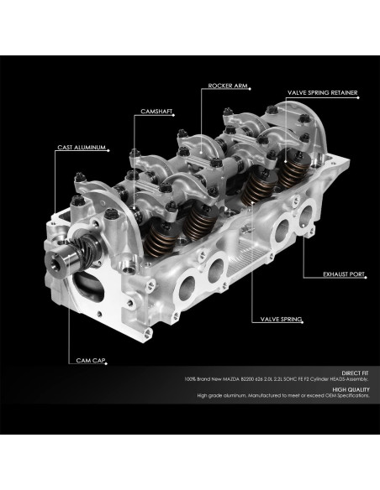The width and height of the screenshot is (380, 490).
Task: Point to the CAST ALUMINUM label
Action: (81, 148)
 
